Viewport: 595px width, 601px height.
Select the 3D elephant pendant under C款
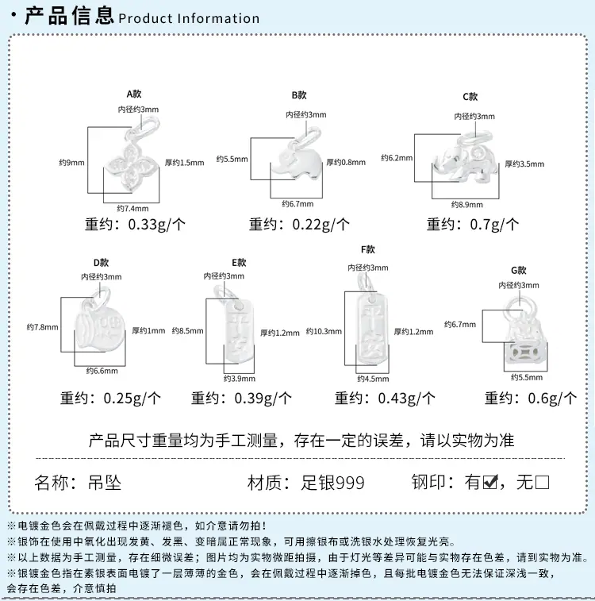click(x=466, y=157)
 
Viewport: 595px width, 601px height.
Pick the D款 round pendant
click(x=99, y=324)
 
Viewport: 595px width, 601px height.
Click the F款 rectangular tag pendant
click(x=371, y=326)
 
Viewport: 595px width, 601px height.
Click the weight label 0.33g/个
click(x=157, y=224)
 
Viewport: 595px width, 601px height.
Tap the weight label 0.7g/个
click(x=494, y=224)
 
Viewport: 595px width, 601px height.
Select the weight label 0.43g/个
click(x=407, y=399)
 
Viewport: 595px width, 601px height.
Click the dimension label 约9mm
click(x=71, y=163)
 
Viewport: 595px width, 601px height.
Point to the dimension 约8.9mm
click(x=466, y=204)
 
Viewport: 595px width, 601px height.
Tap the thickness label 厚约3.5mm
click(x=524, y=164)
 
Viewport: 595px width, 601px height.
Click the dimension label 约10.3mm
click(x=324, y=332)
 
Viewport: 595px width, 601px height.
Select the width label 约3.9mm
click(x=240, y=379)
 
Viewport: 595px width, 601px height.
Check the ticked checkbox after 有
click(x=490, y=482)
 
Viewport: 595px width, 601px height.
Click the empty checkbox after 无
click(x=542, y=482)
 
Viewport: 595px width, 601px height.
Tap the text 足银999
click(x=332, y=483)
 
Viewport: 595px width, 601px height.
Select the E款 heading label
click(x=239, y=263)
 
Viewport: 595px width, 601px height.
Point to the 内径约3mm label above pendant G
click(x=518, y=285)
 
